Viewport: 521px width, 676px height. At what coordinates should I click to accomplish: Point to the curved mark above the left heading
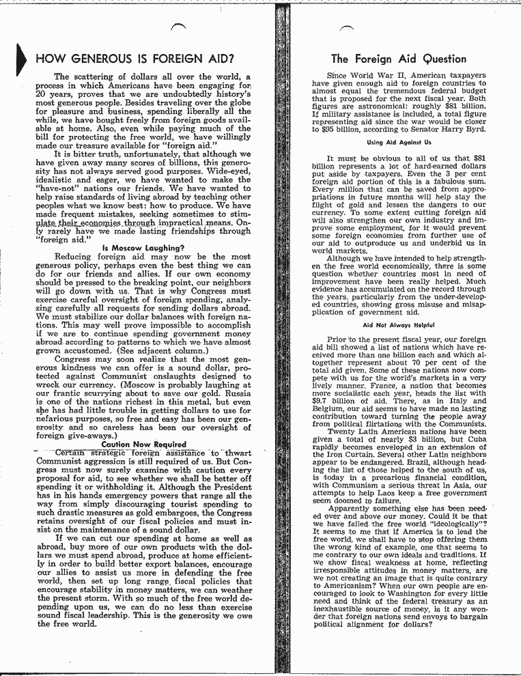(x=180, y=26)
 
